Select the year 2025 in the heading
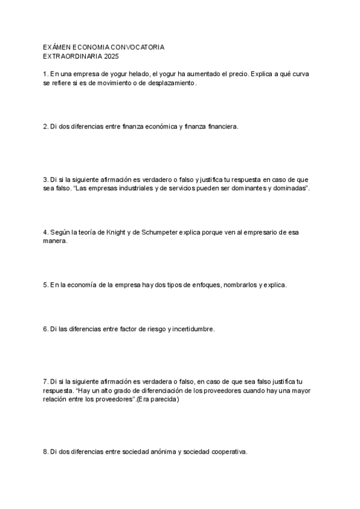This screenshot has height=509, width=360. (x=111, y=56)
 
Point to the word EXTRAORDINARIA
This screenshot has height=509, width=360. (x=72, y=56)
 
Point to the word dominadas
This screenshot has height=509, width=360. (x=291, y=188)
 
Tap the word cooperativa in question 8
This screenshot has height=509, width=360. (x=227, y=451)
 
